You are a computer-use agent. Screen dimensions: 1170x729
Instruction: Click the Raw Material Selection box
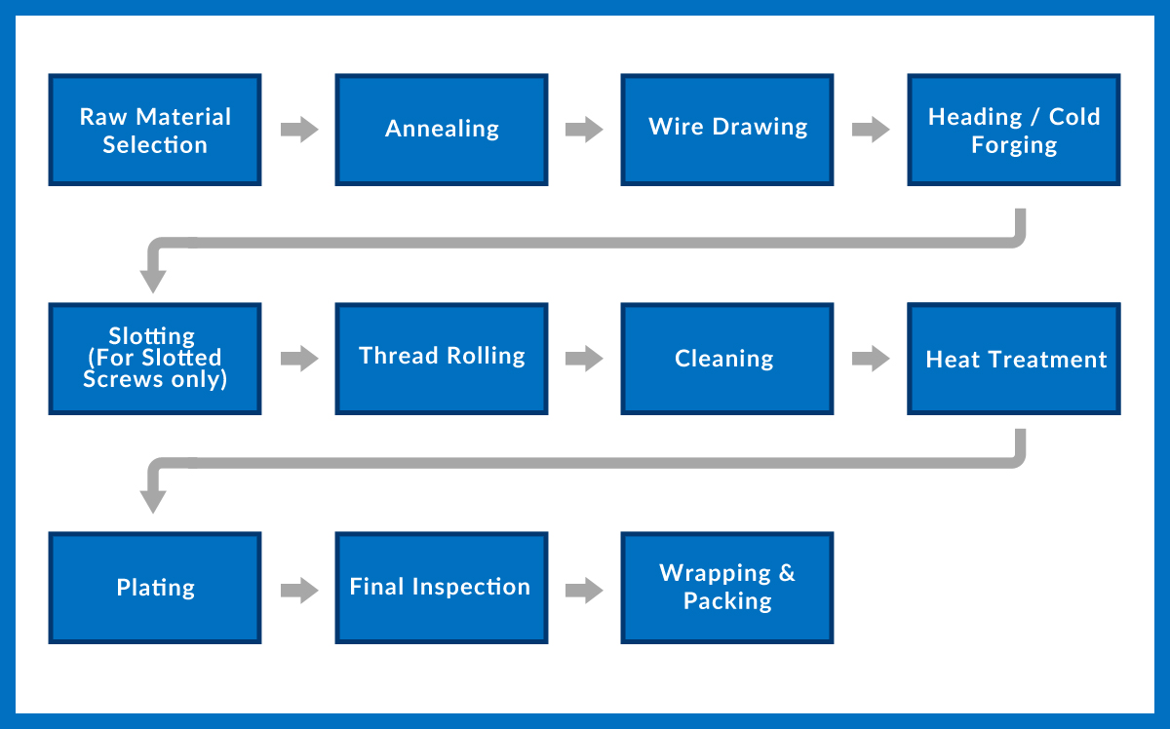(x=155, y=130)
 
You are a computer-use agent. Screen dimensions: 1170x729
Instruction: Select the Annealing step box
(x=442, y=130)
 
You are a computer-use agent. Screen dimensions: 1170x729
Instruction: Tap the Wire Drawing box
(x=727, y=130)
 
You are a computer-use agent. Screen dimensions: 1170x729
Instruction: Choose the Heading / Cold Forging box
(x=1014, y=130)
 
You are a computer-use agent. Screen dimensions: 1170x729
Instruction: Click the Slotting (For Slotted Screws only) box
(x=155, y=359)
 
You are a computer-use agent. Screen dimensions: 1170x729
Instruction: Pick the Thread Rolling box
(x=442, y=359)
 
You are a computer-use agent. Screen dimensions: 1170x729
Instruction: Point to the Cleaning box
(x=727, y=359)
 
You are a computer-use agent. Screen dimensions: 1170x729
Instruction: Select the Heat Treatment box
(x=1014, y=359)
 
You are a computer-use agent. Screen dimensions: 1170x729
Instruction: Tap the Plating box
(x=155, y=588)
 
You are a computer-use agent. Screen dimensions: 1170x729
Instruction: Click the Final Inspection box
(x=442, y=588)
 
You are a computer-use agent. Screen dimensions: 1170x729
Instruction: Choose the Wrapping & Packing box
(x=727, y=588)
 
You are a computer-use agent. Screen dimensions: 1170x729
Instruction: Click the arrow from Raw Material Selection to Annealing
(x=299, y=130)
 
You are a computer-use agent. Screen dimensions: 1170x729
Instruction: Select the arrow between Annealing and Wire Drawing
(x=584, y=130)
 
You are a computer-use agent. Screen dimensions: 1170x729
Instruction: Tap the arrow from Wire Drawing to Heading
(x=871, y=130)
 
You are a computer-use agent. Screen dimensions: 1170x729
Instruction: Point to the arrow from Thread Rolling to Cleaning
(x=584, y=359)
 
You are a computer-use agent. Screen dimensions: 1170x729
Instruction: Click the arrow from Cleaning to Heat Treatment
(x=871, y=359)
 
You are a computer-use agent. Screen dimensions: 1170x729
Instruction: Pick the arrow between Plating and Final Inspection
(x=299, y=591)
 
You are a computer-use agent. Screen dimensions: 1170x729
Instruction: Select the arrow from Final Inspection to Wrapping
(x=584, y=591)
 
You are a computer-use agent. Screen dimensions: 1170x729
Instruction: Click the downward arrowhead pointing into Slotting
(x=153, y=282)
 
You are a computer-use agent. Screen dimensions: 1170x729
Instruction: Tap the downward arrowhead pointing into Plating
(x=153, y=502)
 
